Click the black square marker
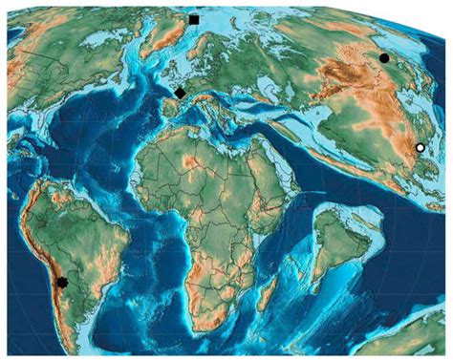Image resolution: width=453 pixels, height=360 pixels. (194, 19)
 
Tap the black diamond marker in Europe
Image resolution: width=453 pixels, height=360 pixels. (180, 93)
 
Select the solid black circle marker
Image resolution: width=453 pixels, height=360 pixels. (384, 58)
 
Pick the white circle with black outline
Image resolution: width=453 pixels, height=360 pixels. (420, 148)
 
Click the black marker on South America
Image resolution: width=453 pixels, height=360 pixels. (62, 283)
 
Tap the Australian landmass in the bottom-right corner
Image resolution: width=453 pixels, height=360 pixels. (421, 334)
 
